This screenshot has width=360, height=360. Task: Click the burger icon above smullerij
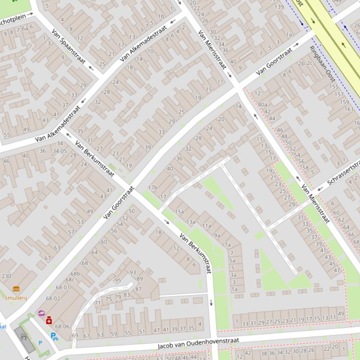coord(16,289)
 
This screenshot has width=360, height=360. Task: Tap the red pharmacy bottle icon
coord(49,320)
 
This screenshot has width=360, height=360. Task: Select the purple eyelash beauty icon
coord(41,314)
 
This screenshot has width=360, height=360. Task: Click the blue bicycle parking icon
coord(54,336)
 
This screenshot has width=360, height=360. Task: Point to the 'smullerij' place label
coord(16,298)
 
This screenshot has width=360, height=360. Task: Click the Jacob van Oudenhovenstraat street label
coord(198,344)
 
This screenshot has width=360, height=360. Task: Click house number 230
coord(6,276)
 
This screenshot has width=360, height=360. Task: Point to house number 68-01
coord(63,288)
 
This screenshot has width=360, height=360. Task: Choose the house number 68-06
coord(62,327)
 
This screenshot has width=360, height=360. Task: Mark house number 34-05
coord(59,151)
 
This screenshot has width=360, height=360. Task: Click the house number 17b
coord(153,187)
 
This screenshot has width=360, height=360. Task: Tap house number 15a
coord(179,211)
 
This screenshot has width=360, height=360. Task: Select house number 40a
coord(262,104)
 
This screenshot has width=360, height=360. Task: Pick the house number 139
coord(279,7)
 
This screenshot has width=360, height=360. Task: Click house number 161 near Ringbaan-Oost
coord(349,109)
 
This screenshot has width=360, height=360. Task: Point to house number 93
coord(132,272)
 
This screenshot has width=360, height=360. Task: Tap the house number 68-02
coord(53,298)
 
